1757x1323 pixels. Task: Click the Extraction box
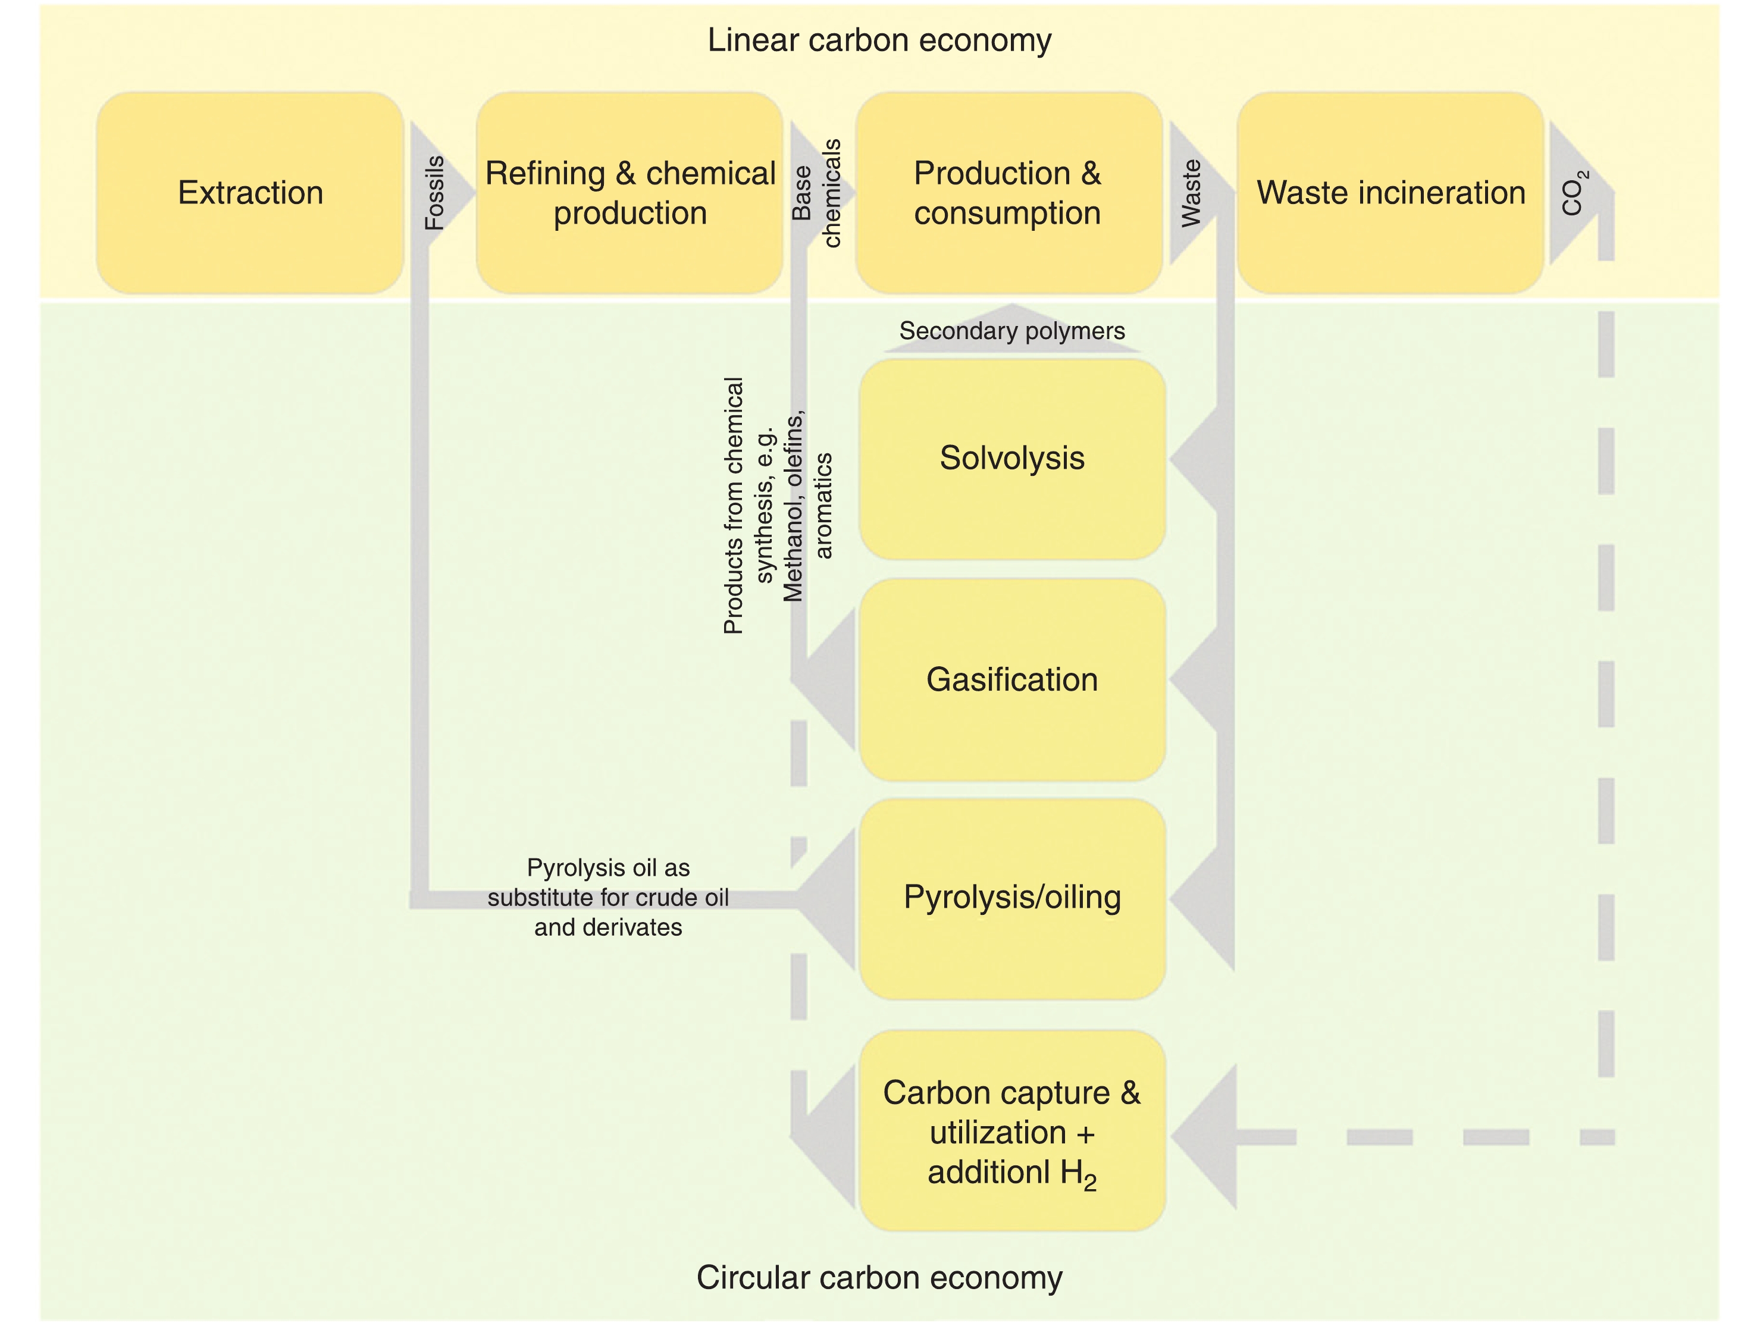250,193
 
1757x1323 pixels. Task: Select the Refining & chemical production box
630,193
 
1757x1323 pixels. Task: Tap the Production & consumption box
1009,193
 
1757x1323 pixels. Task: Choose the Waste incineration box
1390,193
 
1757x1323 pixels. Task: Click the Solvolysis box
1012,459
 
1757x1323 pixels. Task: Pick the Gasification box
1012,680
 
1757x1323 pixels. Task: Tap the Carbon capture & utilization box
1012,1131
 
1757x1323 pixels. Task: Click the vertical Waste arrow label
1191,193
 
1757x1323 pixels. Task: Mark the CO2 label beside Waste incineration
1574,193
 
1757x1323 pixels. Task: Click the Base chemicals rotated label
816,193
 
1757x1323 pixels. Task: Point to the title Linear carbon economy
879,40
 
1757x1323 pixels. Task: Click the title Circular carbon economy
879,1278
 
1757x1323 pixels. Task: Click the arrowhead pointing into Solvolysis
1195,459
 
